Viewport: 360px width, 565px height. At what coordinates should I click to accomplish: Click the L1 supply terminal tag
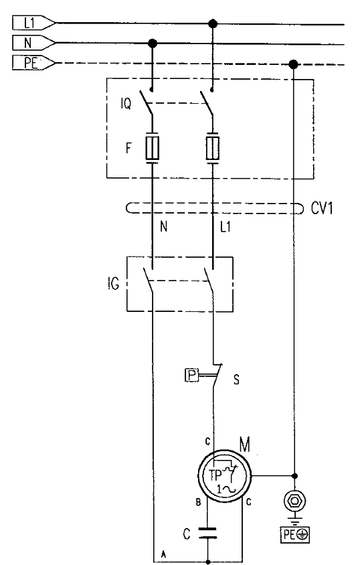pos(34,23)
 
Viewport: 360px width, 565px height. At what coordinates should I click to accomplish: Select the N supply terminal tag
pos(34,43)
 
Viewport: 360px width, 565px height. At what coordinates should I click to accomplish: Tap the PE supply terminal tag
pos(34,63)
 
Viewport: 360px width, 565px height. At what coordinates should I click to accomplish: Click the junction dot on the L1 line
pos(213,24)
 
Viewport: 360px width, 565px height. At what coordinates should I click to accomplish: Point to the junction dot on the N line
pos(153,44)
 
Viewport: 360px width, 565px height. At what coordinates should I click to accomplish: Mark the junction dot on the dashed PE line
pos(293,64)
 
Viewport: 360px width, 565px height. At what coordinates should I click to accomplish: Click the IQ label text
pos(126,104)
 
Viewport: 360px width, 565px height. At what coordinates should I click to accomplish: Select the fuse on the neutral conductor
pos(153,148)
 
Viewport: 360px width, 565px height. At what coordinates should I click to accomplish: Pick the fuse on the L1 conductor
pos(213,148)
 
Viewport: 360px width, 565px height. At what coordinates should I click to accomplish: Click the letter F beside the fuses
pos(128,148)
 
